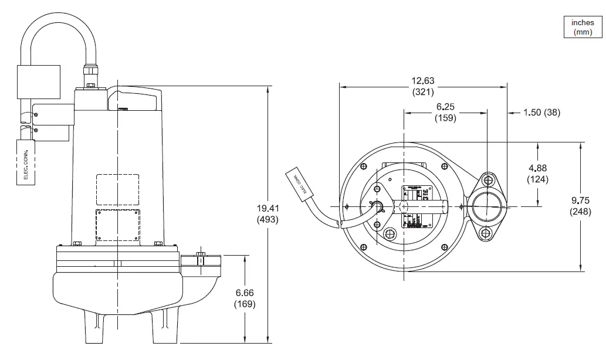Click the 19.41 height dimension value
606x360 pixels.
[x=268, y=208]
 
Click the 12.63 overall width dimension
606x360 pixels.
[x=422, y=81]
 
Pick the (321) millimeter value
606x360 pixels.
[x=422, y=92]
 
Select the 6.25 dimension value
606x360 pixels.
[x=445, y=107]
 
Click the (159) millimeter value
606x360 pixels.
[x=445, y=118]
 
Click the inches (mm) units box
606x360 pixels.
[x=583, y=27]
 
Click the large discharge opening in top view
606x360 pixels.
[x=486, y=206]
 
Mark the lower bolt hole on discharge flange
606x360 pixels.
[x=486, y=235]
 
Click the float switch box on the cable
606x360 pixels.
[x=38, y=81]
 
